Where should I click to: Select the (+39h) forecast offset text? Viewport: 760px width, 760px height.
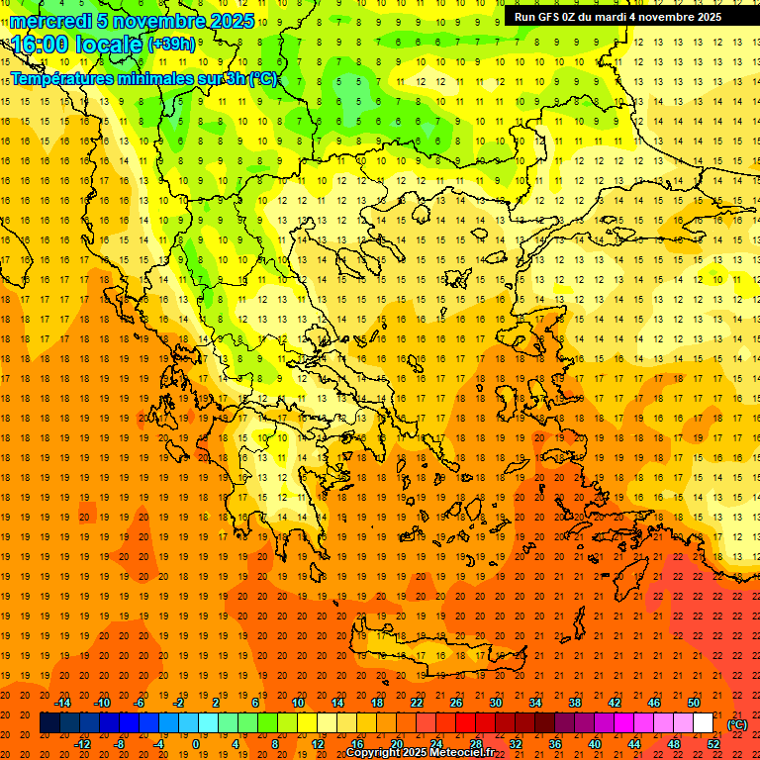171,45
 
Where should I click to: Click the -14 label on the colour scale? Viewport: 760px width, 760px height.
62,703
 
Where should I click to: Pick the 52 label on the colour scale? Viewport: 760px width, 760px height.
713,744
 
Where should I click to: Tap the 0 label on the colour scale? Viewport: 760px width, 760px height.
195,744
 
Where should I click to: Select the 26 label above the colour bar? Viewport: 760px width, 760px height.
456,703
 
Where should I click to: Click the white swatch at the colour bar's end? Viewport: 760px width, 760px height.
703,723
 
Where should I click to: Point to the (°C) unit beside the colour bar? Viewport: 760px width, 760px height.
737,724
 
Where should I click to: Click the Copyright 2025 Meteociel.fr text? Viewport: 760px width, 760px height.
420,753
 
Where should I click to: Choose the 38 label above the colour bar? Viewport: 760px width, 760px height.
575,703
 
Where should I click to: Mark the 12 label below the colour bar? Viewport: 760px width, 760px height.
317,744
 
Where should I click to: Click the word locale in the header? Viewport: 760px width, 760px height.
109,45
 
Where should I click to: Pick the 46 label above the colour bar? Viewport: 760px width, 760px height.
654,703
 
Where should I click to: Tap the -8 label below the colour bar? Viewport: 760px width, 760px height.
121,744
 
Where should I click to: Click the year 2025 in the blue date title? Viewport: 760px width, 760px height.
231,21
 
